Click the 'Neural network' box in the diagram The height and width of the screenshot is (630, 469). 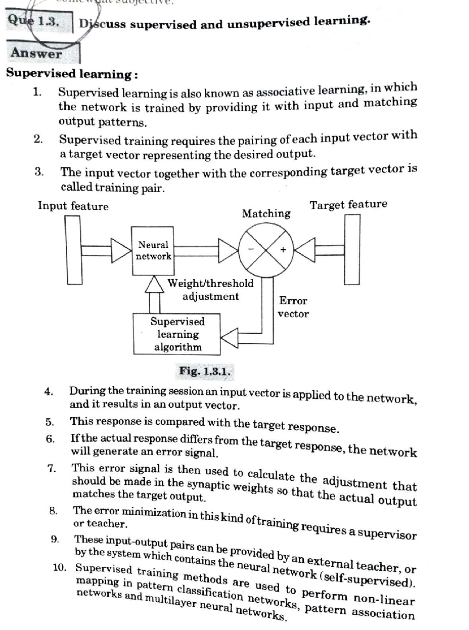coord(153,251)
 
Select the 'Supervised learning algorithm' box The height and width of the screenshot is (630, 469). coord(177,334)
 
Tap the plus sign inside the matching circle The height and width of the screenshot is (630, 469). coord(283,249)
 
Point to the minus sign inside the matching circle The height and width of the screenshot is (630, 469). coord(252,249)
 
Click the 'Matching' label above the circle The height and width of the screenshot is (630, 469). coord(266,213)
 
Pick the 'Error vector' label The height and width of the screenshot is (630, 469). coord(293,307)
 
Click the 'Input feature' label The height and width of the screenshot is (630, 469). coord(73,206)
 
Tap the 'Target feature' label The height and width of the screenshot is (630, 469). coord(348,204)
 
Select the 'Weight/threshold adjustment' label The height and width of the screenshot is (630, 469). coord(211,290)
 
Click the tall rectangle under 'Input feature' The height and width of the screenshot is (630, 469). coord(74,250)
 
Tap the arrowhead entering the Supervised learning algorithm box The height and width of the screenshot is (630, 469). coord(229,338)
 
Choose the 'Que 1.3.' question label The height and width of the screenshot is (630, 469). coord(34,21)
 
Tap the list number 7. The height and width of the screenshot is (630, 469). coord(52,468)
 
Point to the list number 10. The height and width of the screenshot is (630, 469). coord(60,567)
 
